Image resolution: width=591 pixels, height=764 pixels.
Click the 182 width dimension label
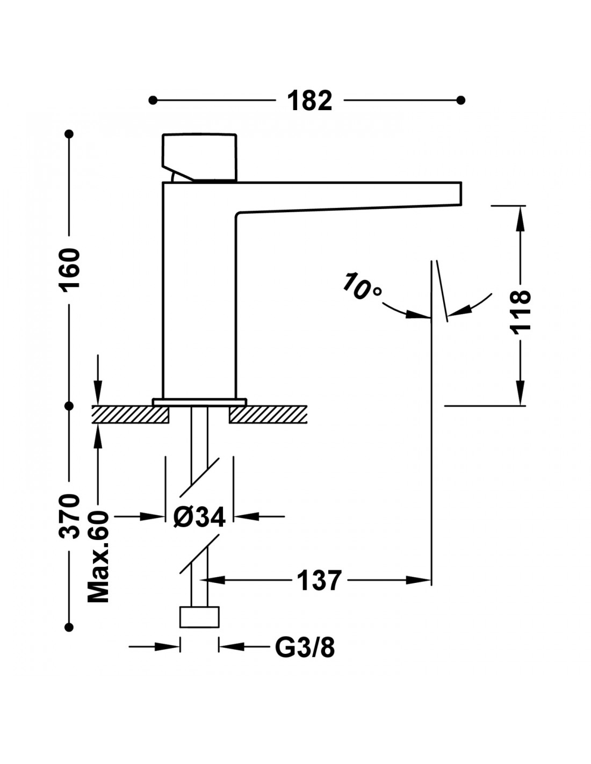click(309, 100)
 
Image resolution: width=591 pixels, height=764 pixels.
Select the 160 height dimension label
click(69, 270)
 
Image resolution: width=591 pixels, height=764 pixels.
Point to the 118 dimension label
click(520, 312)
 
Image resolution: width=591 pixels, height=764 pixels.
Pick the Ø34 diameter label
click(199, 517)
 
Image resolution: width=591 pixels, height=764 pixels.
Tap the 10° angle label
click(362, 286)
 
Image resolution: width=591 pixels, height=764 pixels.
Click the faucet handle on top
click(199, 157)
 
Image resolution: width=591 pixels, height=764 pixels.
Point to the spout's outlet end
click(460, 193)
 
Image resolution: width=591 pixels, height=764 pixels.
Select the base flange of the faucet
click(199, 402)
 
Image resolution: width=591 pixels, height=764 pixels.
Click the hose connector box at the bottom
click(199, 617)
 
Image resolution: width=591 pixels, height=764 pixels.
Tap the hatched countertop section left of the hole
click(131, 415)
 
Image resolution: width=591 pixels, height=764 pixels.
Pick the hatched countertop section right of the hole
click(268, 415)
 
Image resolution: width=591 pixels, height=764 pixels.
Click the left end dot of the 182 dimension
click(153, 100)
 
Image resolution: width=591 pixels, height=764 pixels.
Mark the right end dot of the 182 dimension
click(460, 100)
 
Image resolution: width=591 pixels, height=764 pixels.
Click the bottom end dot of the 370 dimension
click(69, 627)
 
